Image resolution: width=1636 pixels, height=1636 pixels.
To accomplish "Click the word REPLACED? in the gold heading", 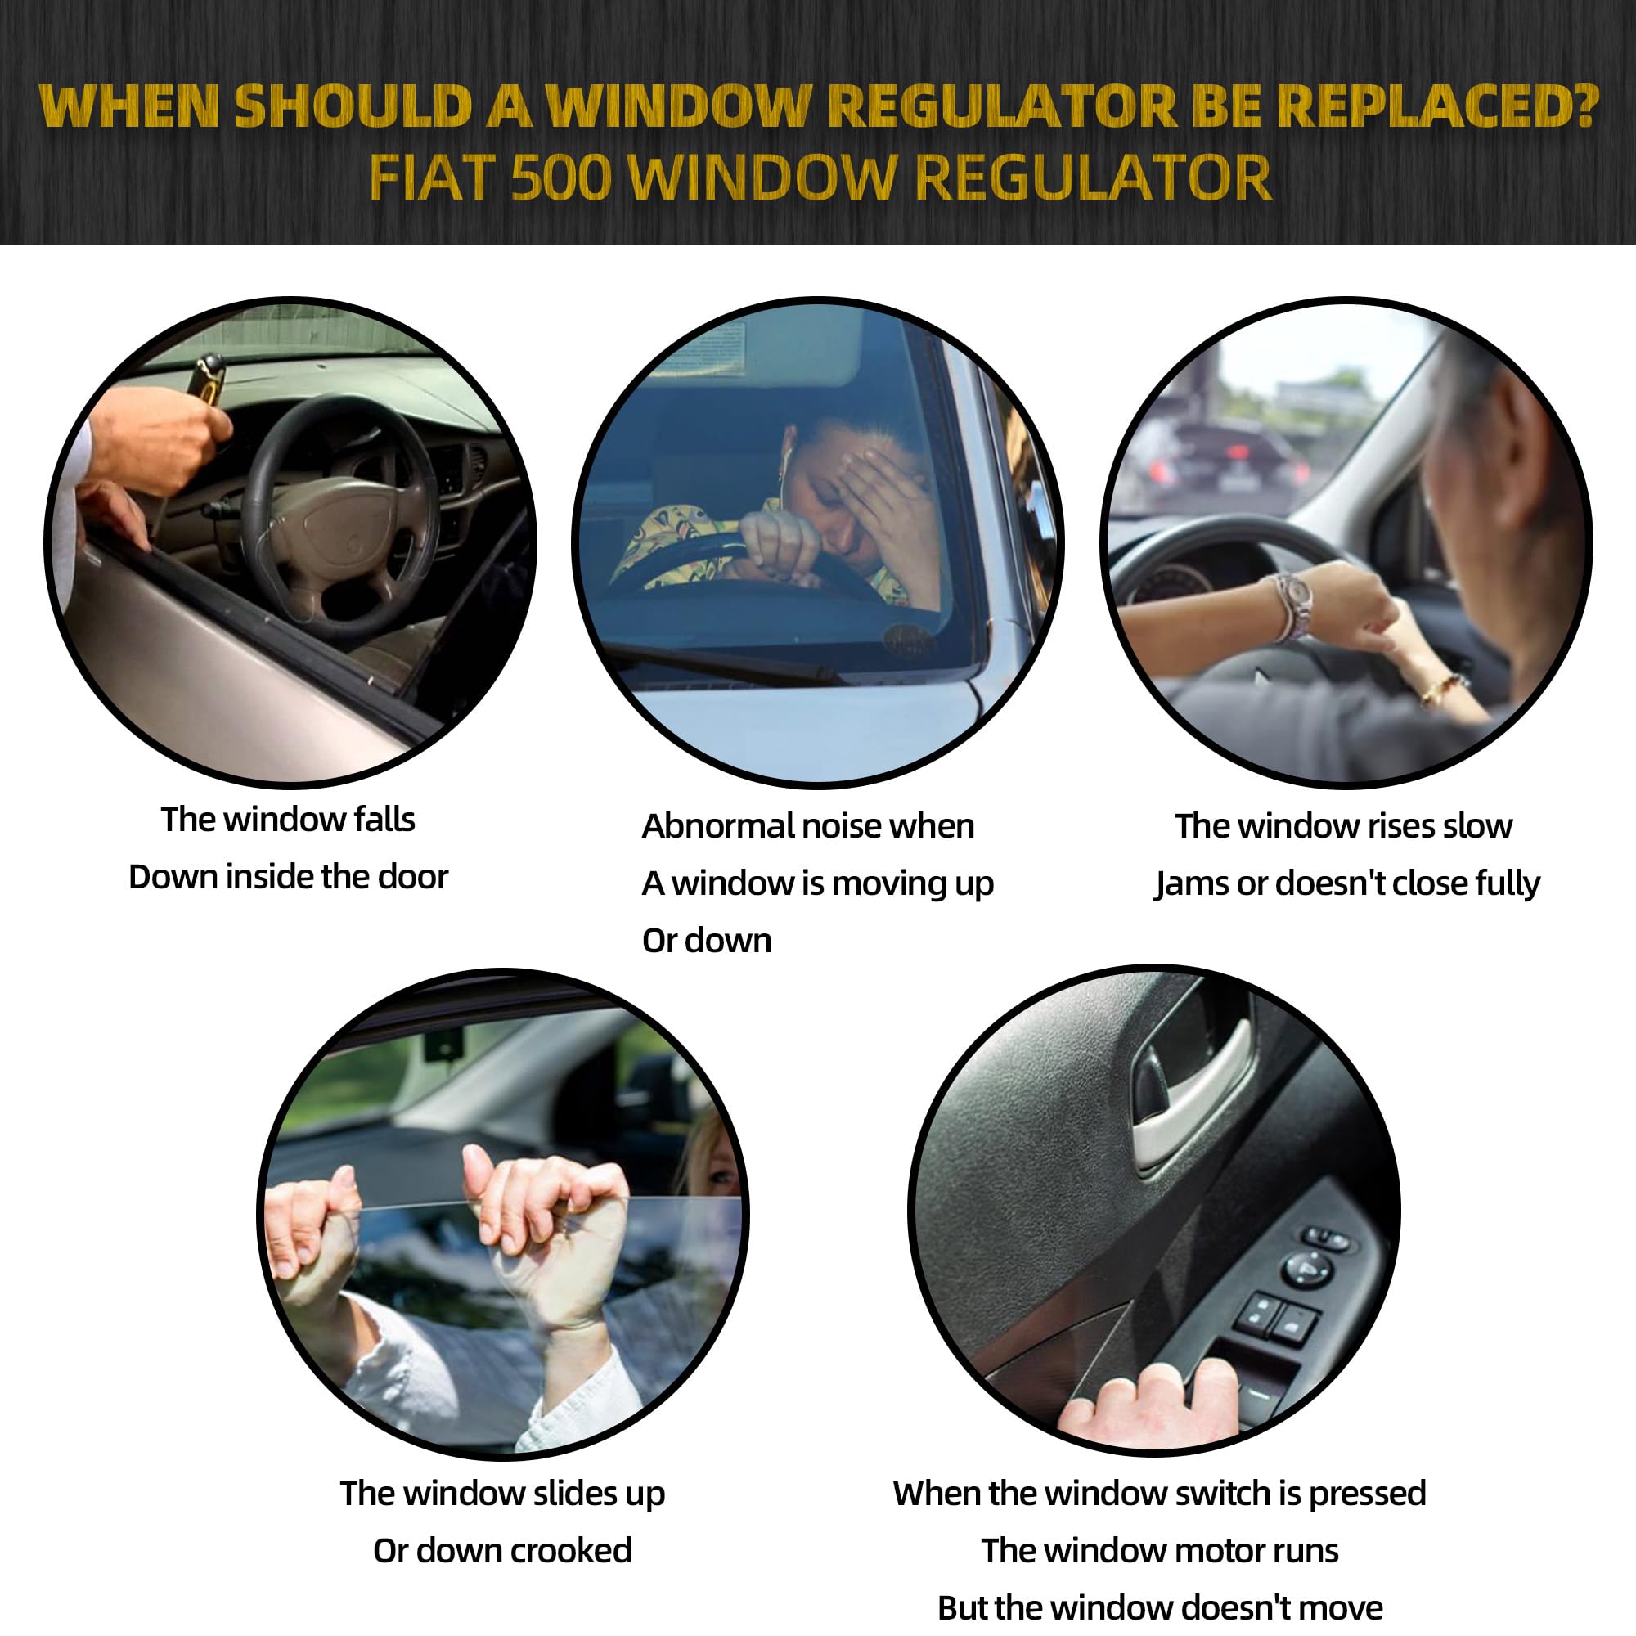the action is [1438, 106].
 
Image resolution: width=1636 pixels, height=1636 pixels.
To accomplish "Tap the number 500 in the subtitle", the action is [561, 178].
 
